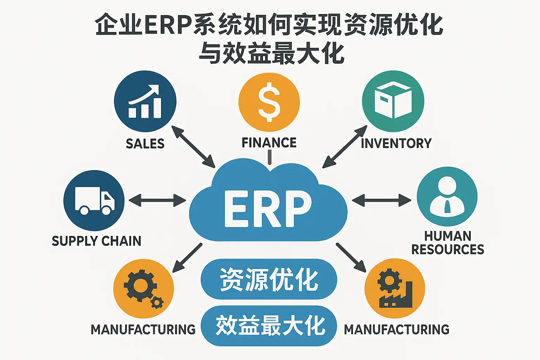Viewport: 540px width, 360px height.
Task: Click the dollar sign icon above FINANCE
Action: (x=269, y=102)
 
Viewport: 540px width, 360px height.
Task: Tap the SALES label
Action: (x=145, y=143)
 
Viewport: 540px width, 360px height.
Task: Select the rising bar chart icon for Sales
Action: (x=145, y=102)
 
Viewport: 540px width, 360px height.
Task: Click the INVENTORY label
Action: (x=396, y=143)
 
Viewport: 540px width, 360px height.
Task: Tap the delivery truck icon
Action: (x=95, y=201)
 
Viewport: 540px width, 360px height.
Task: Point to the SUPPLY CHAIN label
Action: (x=96, y=241)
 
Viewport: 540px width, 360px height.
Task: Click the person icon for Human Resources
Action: (x=447, y=197)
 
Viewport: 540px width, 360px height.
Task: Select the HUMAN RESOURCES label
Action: (x=448, y=243)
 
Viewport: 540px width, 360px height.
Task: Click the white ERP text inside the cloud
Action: (x=268, y=209)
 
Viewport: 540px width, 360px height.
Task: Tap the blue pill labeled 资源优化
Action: (x=269, y=280)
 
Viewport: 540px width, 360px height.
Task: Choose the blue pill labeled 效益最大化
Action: (x=269, y=326)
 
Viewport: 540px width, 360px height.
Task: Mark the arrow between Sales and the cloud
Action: (x=193, y=147)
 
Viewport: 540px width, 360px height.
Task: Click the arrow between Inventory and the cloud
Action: (x=345, y=147)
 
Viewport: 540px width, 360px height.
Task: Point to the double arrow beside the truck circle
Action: (x=157, y=201)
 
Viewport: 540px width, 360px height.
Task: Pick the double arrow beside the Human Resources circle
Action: (x=381, y=201)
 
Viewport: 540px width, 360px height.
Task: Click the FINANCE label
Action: (x=269, y=142)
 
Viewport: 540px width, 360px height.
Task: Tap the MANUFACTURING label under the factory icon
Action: (x=397, y=329)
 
